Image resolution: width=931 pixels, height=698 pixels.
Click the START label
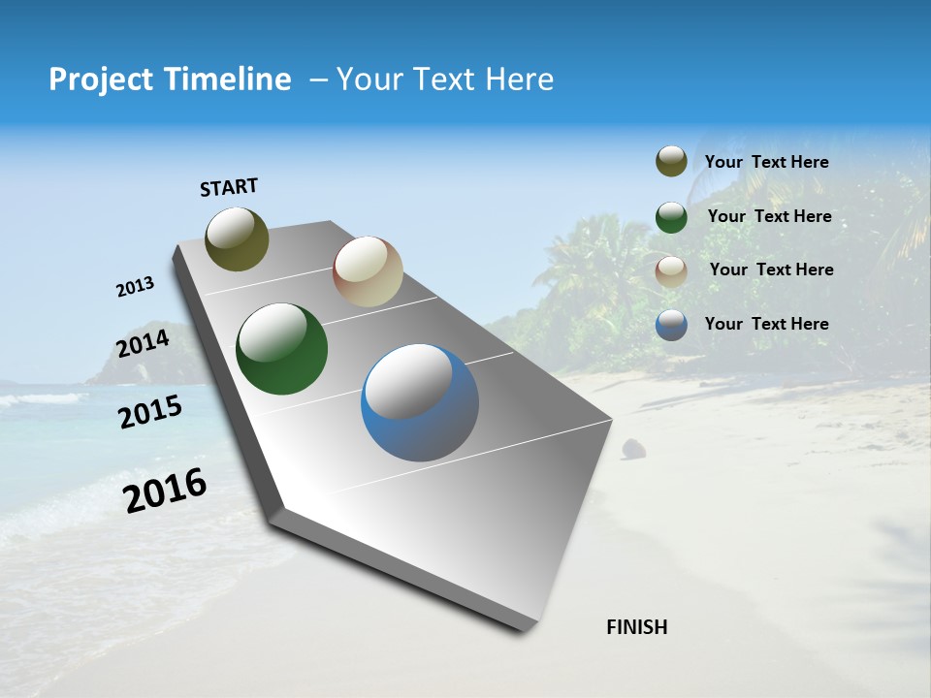click(x=229, y=187)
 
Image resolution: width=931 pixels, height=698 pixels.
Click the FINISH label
click(x=636, y=627)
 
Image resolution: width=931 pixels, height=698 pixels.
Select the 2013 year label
click(x=135, y=287)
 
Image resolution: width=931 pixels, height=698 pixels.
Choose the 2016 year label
click(x=165, y=491)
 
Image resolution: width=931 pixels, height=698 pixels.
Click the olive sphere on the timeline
click(x=237, y=238)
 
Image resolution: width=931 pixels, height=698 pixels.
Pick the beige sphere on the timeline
click(x=368, y=271)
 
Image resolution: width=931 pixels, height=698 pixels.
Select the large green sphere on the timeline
click(x=281, y=349)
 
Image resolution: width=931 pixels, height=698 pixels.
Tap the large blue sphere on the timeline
click(x=419, y=402)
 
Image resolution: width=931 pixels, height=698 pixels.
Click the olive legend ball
click(x=671, y=161)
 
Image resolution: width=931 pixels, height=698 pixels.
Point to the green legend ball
click(x=671, y=216)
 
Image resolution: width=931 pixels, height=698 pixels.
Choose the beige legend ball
click(x=671, y=270)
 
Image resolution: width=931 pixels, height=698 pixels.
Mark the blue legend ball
click(x=671, y=325)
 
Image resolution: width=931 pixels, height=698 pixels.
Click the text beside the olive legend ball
click(x=766, y=163)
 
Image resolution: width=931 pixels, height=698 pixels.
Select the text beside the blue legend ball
click(x=766, y=324)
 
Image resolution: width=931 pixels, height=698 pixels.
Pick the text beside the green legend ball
click(x=769, y=216)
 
